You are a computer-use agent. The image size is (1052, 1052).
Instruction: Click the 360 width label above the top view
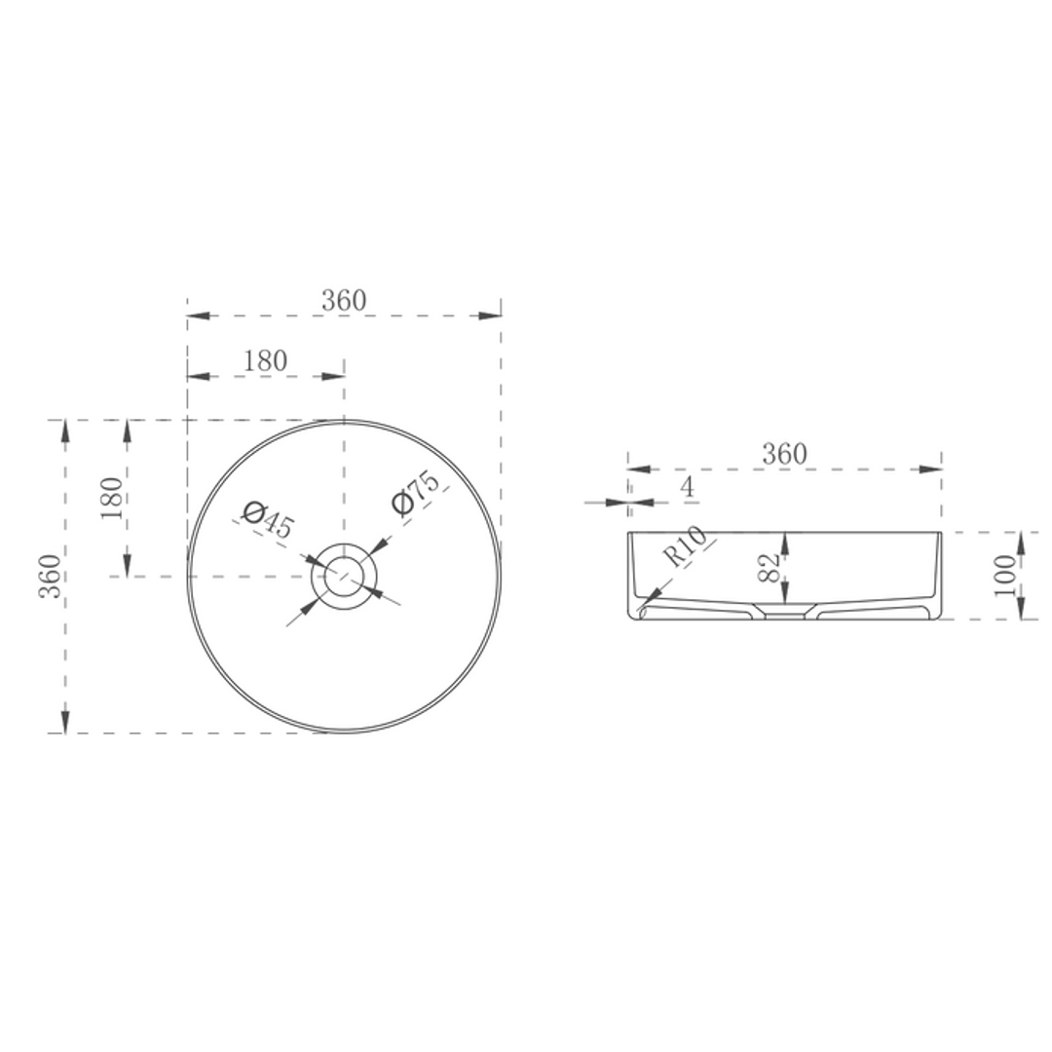tap(344, 301)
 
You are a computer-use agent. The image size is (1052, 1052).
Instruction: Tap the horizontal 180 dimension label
tap(265, 361)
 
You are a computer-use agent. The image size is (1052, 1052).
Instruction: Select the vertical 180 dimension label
tap(112, 498)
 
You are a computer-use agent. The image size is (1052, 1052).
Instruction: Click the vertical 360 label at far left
tap(51, 576)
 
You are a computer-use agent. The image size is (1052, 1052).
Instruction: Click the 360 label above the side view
tap(784, 454)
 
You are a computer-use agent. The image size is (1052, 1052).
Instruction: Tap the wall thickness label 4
tap(688, 488)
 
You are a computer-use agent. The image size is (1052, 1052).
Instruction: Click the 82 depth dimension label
tap(769, 567)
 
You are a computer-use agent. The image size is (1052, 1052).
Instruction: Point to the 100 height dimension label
tap(1005, 576)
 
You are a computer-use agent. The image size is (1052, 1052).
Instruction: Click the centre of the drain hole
tap(344, 577)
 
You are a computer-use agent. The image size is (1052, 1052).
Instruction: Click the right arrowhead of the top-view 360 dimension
tap(491, 316)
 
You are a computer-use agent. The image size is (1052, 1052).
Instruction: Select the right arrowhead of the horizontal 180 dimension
tap(334, 376)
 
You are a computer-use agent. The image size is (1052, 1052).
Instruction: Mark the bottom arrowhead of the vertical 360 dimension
tap(65, 722)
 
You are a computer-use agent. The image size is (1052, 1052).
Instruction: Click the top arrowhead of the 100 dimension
tap(1020, 543)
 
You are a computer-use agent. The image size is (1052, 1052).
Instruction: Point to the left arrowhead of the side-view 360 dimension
tap(638, 470)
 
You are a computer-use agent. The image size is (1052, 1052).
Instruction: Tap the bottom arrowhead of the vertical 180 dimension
tap(127, 566)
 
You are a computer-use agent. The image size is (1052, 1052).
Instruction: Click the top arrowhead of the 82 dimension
tap(785, 543)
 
